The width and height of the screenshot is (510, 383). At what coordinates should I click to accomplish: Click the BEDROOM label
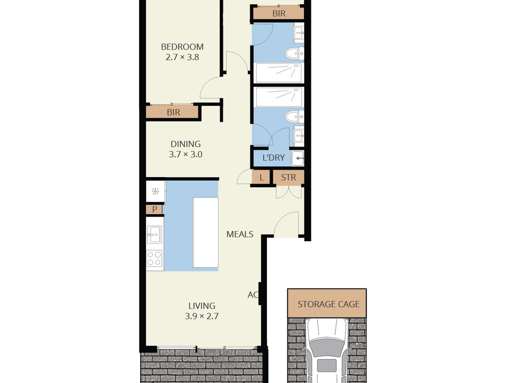182,47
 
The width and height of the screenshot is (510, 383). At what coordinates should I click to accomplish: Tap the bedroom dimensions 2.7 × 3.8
182,57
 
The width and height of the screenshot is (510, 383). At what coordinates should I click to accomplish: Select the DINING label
185,144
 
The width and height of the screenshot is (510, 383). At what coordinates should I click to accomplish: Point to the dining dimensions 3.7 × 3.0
185,154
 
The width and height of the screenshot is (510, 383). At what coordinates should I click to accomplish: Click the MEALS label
240,234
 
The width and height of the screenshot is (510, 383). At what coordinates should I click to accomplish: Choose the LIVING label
202,306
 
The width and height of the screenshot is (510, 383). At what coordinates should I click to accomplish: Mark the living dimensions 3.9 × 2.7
202,316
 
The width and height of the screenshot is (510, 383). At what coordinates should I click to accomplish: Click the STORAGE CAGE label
328,304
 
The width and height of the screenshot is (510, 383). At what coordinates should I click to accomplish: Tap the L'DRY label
273,158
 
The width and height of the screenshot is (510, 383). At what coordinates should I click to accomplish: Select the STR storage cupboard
288,177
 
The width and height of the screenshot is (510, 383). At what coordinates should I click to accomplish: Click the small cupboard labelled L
261,177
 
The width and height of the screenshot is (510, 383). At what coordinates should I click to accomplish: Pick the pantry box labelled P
154,209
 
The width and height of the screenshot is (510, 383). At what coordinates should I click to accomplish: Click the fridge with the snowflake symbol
156,191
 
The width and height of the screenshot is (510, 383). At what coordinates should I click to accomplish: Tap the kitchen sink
154,234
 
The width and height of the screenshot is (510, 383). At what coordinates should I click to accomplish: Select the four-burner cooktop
154,258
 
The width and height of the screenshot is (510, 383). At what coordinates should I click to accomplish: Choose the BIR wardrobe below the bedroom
173,112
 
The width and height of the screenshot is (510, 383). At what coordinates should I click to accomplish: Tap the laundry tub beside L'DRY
298,158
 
